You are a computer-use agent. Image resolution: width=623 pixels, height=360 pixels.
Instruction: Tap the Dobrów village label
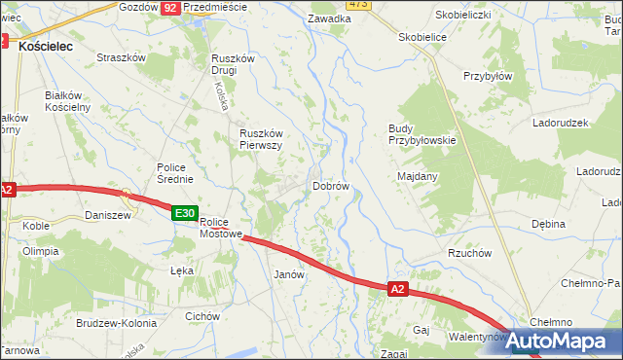(x=330, y=185)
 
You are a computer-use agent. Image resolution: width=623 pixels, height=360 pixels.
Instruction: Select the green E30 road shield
(x=185, y=213)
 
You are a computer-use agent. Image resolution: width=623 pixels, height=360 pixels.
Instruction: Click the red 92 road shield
(x=170, y=7)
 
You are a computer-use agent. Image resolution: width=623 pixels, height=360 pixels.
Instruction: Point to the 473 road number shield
(x=357, y=5)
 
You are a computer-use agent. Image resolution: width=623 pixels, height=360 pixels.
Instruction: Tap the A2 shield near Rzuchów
(x=396, y=289)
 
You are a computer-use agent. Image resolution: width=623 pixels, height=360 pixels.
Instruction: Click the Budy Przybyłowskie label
(x=421, y=134)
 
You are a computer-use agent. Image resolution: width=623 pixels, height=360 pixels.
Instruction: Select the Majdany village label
(x=418, y=176)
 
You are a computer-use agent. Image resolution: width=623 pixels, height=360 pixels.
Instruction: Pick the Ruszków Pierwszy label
(x=261, y=139)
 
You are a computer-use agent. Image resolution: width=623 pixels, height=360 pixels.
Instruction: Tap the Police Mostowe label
(x=220, y=228)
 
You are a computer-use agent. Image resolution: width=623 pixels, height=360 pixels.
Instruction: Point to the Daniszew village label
(x=107, y=214)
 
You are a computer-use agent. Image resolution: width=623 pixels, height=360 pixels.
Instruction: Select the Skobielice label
(x=422, y=36)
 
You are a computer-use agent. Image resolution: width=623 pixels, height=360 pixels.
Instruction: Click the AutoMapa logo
(x=558, y=341)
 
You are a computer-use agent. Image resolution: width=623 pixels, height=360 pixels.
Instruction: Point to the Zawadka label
(x=329, y=18)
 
